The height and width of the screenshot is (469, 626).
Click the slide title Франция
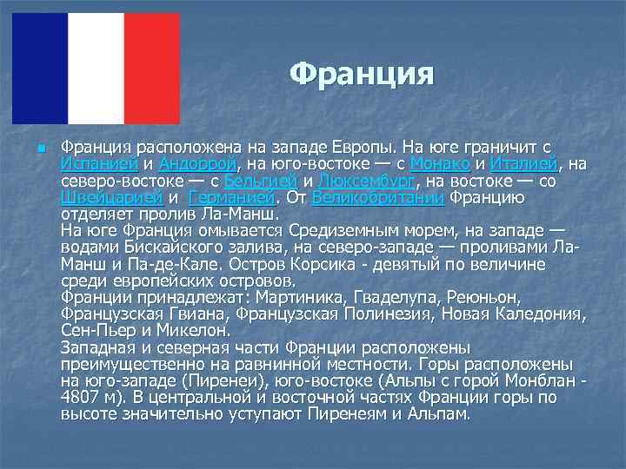click(361, 74)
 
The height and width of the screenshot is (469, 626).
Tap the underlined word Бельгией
click(261, 182)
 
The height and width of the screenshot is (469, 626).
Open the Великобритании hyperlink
click(378, 198)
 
